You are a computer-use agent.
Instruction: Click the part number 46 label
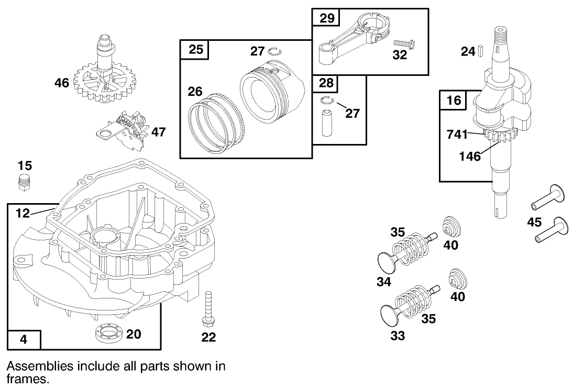pos(62,82)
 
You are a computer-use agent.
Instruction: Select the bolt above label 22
pos(208,309)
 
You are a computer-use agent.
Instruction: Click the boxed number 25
pos(195,50)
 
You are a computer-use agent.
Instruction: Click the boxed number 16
pos(454,99)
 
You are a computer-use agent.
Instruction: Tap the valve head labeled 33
pos(388,312)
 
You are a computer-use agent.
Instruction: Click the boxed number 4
pos(24,339)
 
